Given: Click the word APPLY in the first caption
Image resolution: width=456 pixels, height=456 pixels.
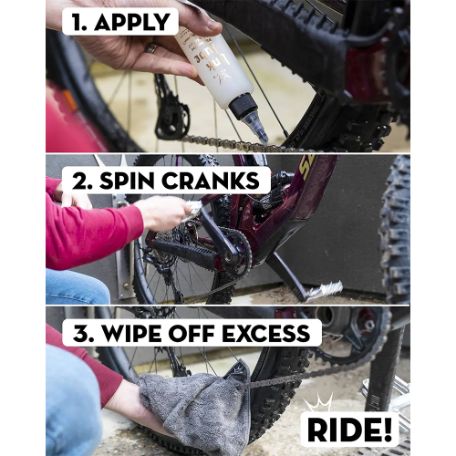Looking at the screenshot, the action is [132, 22].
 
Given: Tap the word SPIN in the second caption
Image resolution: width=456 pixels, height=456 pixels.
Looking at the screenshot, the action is [127, 181].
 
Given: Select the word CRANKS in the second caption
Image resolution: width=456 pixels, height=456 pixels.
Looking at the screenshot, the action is [211, 181].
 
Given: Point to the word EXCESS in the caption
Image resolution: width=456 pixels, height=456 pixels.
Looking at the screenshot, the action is [266, 334].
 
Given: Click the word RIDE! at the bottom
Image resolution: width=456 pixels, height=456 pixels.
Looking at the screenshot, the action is [349, 430].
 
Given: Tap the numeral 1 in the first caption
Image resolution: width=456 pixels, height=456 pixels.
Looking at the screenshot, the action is [78, 22].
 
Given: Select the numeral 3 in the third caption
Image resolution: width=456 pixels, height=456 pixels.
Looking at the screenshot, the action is [81, 334].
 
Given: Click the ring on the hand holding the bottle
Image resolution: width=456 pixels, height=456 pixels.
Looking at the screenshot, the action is [151, 48].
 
